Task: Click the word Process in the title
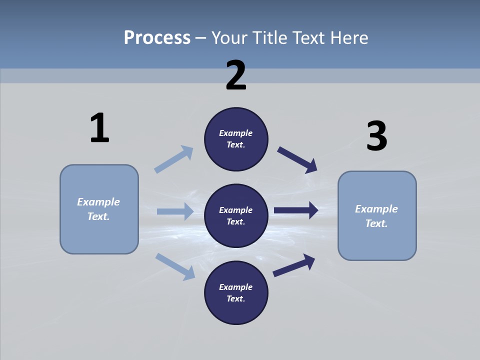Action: [157, 37]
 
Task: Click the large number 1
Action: [99, 128]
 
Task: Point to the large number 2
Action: [236, 75]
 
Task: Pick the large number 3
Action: [376, 136]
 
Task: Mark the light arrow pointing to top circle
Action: [174, 159]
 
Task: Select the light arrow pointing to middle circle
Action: [175, 211]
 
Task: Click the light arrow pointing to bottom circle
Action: [175, 266]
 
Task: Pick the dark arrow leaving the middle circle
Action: [296, 210]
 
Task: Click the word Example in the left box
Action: [98, 202]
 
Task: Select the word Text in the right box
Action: [376, 223]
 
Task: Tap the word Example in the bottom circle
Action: [236, 287]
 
